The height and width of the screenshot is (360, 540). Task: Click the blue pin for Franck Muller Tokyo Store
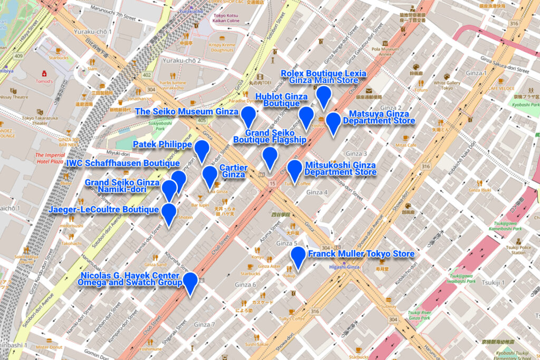click(x=298, y=256)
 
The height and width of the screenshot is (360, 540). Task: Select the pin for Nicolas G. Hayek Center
click(x=190, y=282)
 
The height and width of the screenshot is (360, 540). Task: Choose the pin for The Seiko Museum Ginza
click(x=248, y=115)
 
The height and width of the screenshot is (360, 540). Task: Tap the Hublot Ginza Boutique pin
click(x=306, y=116)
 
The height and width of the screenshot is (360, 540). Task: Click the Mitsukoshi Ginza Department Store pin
click(x=294, y=169)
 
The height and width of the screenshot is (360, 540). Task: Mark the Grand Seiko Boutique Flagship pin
click(x=269, y=157)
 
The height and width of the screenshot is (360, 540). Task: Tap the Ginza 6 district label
click(x=245, y=285)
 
